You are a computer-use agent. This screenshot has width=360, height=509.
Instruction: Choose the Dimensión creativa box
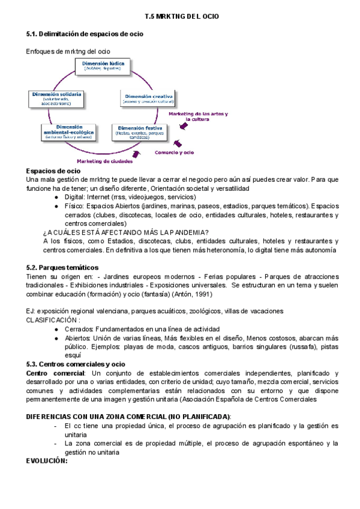tap(148, 98)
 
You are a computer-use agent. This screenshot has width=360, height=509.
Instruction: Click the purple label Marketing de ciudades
tap(102, 161)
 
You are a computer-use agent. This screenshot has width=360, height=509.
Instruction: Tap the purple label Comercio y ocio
tap(174, 152)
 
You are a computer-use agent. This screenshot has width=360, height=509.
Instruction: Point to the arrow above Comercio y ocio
tap(178, 143)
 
